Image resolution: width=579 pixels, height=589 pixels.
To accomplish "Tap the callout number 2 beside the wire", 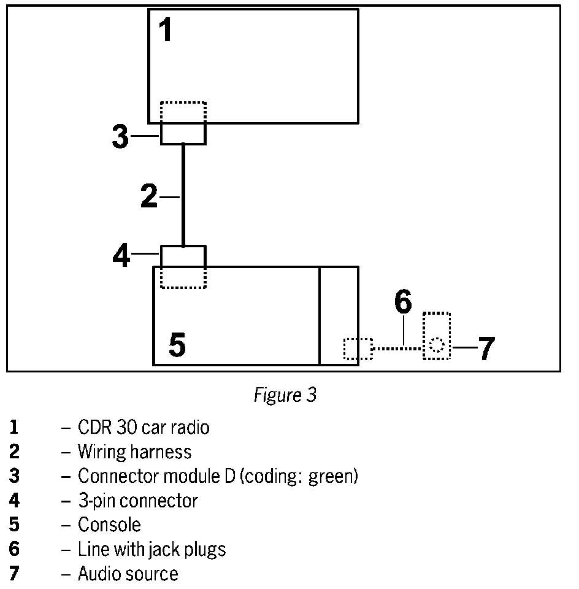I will click(149, 196).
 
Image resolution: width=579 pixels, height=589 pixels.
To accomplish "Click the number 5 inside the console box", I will click(177, 345).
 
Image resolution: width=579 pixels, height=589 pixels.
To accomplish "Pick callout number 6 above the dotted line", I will click(402, 302).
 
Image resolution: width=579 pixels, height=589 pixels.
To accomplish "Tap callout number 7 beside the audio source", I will click(485, 348).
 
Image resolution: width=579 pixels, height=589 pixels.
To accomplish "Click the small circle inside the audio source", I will click(436, 345).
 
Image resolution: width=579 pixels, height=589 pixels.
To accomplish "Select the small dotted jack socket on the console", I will click(357, 348).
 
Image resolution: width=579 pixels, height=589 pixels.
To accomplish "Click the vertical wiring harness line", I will click(183, 194).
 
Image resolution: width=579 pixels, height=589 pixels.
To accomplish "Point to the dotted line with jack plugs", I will click(397, 348).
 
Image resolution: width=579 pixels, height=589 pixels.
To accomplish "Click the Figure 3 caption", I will click(285, 395).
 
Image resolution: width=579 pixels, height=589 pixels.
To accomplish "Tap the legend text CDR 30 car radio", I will click(144, 427).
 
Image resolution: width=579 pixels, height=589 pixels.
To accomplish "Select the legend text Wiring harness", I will click(134, 452).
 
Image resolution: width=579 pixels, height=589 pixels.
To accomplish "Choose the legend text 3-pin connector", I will click(138, 501).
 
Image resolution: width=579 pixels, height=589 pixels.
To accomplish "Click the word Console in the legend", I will click(109, 525).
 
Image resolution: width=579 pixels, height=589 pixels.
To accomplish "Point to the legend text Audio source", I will click(128, 574).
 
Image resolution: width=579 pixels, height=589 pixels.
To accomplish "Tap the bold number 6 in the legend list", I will click(14, 549).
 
